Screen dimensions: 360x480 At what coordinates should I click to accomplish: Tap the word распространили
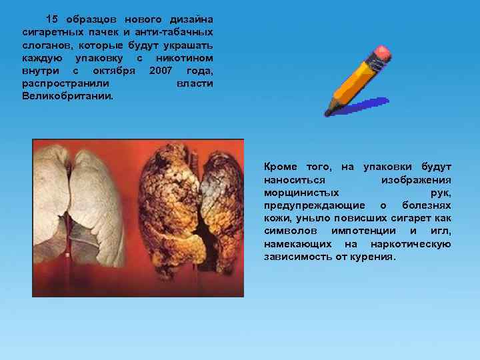coord(67,83)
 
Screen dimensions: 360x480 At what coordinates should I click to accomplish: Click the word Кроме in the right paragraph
coord(281,167)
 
